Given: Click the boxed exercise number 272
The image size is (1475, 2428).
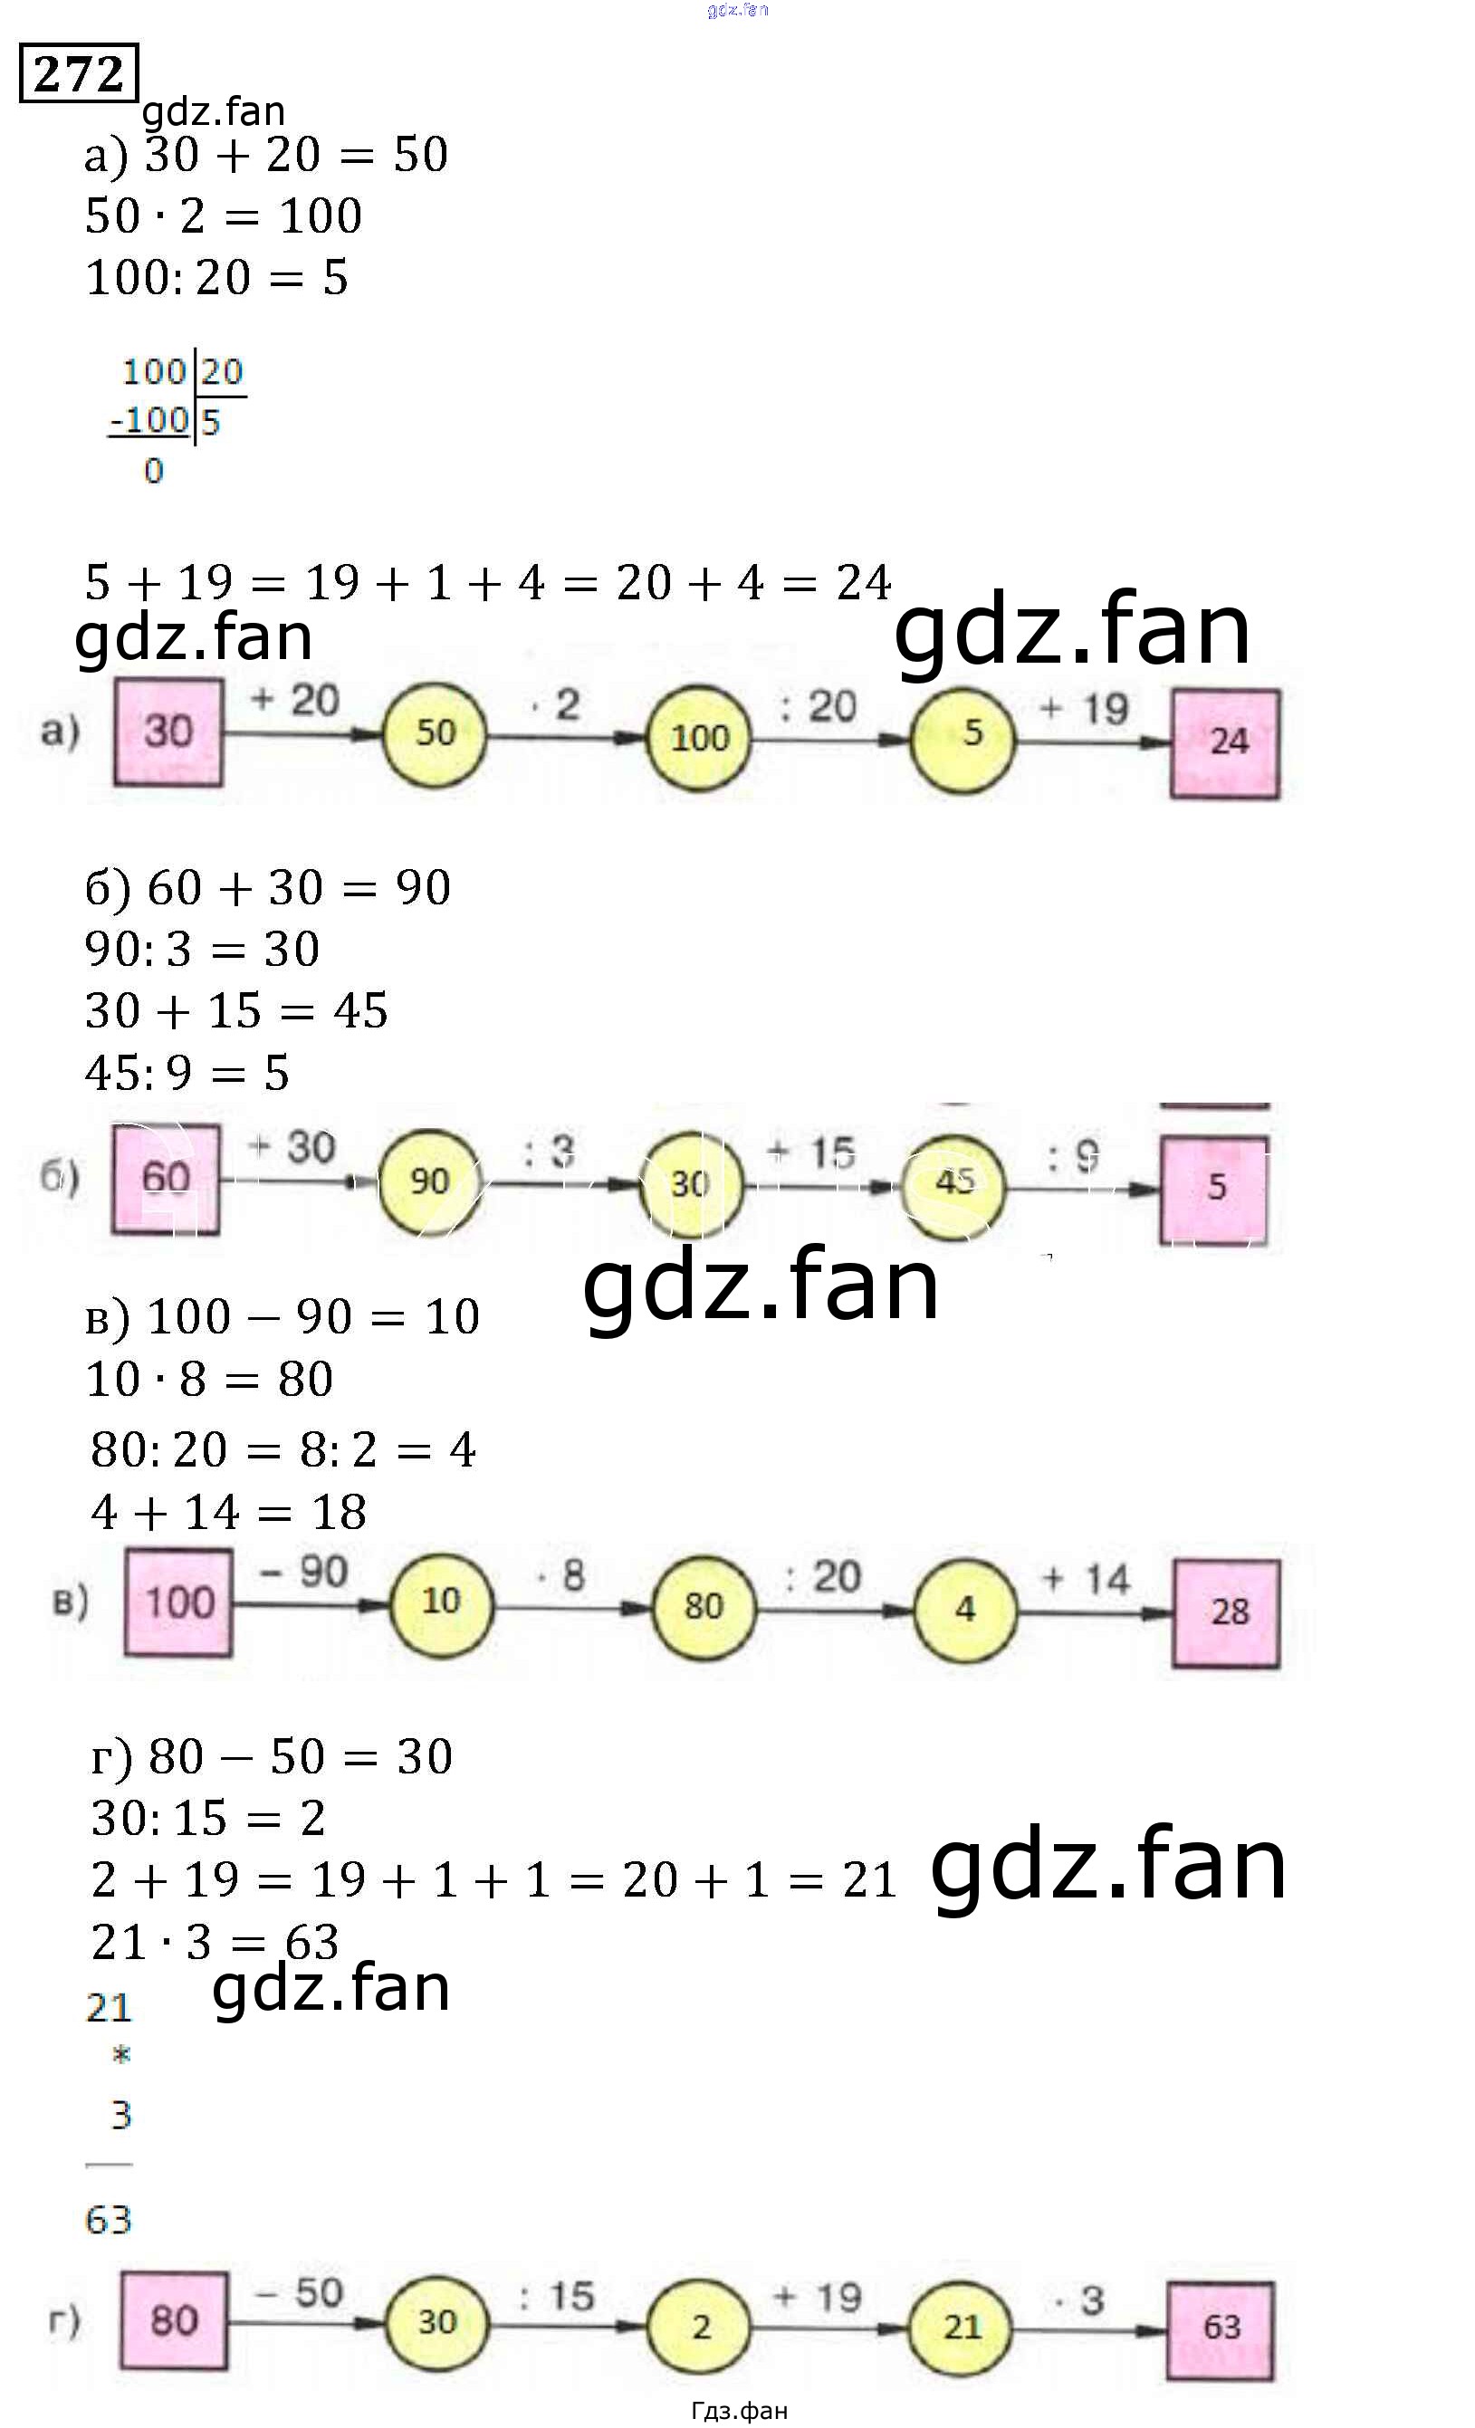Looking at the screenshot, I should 79,73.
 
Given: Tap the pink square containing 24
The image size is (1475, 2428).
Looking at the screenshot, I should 1225,743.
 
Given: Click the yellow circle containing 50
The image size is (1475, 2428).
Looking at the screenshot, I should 435,734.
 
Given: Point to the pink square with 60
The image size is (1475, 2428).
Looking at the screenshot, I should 166,1179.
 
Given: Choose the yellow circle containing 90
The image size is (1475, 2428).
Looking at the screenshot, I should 429,1181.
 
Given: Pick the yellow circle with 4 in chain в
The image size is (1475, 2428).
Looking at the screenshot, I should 964,1608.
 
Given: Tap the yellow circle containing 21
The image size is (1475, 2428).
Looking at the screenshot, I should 961,2328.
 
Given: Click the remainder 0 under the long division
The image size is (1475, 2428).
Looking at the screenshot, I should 154,471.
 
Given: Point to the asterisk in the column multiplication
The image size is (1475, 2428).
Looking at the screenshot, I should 121,2054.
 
